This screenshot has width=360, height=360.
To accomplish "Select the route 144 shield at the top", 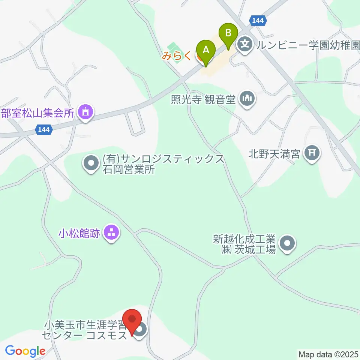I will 258,21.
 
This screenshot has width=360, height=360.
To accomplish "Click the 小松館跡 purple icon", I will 111,234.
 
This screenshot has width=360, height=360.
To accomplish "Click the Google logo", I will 25,351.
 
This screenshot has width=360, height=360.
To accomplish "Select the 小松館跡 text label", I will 79,234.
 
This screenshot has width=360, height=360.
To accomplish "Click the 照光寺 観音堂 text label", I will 203,100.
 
